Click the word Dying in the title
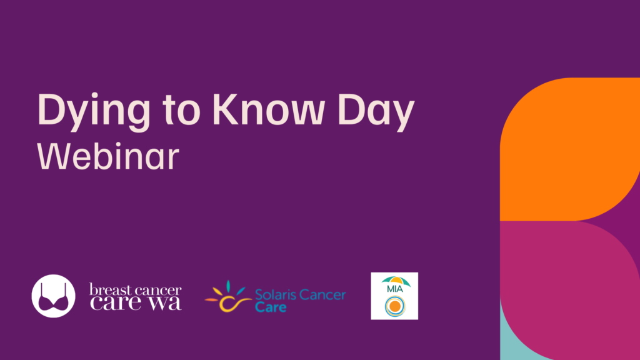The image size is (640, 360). point(94,112)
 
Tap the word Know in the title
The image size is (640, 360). point(267,109)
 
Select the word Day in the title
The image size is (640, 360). point(376,112)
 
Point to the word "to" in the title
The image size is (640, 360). point(181,110)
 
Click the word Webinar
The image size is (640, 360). point(108,156)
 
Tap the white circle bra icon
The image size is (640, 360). point(54,296)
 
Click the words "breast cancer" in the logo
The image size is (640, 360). point(135,290)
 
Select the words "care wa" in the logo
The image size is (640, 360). point(136,303)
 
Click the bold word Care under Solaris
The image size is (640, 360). point(271,306)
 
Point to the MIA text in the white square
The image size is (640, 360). point(395,289)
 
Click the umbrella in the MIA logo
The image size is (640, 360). point(396,281)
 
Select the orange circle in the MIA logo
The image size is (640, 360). point(395,306)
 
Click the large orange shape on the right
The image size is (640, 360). point(570,149)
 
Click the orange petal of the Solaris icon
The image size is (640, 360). point(211,300)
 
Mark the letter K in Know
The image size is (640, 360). point(226,109)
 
